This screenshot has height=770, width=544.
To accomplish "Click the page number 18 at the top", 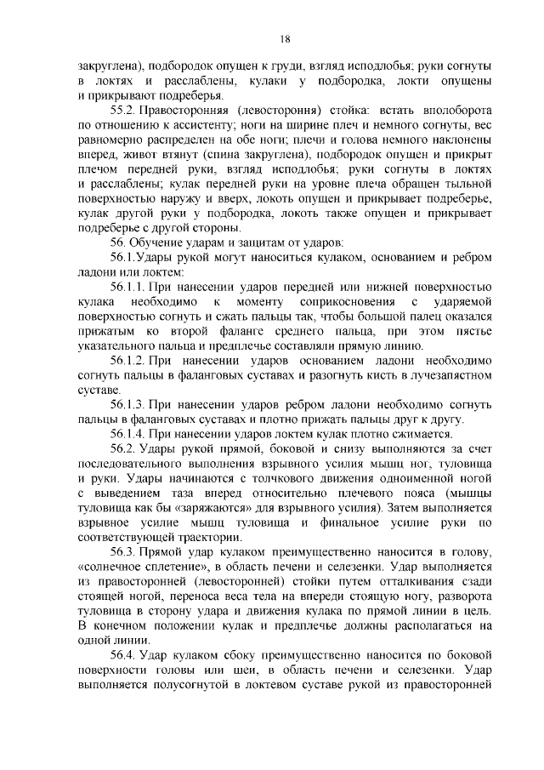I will pyautogui.click(x=285, y=37).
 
